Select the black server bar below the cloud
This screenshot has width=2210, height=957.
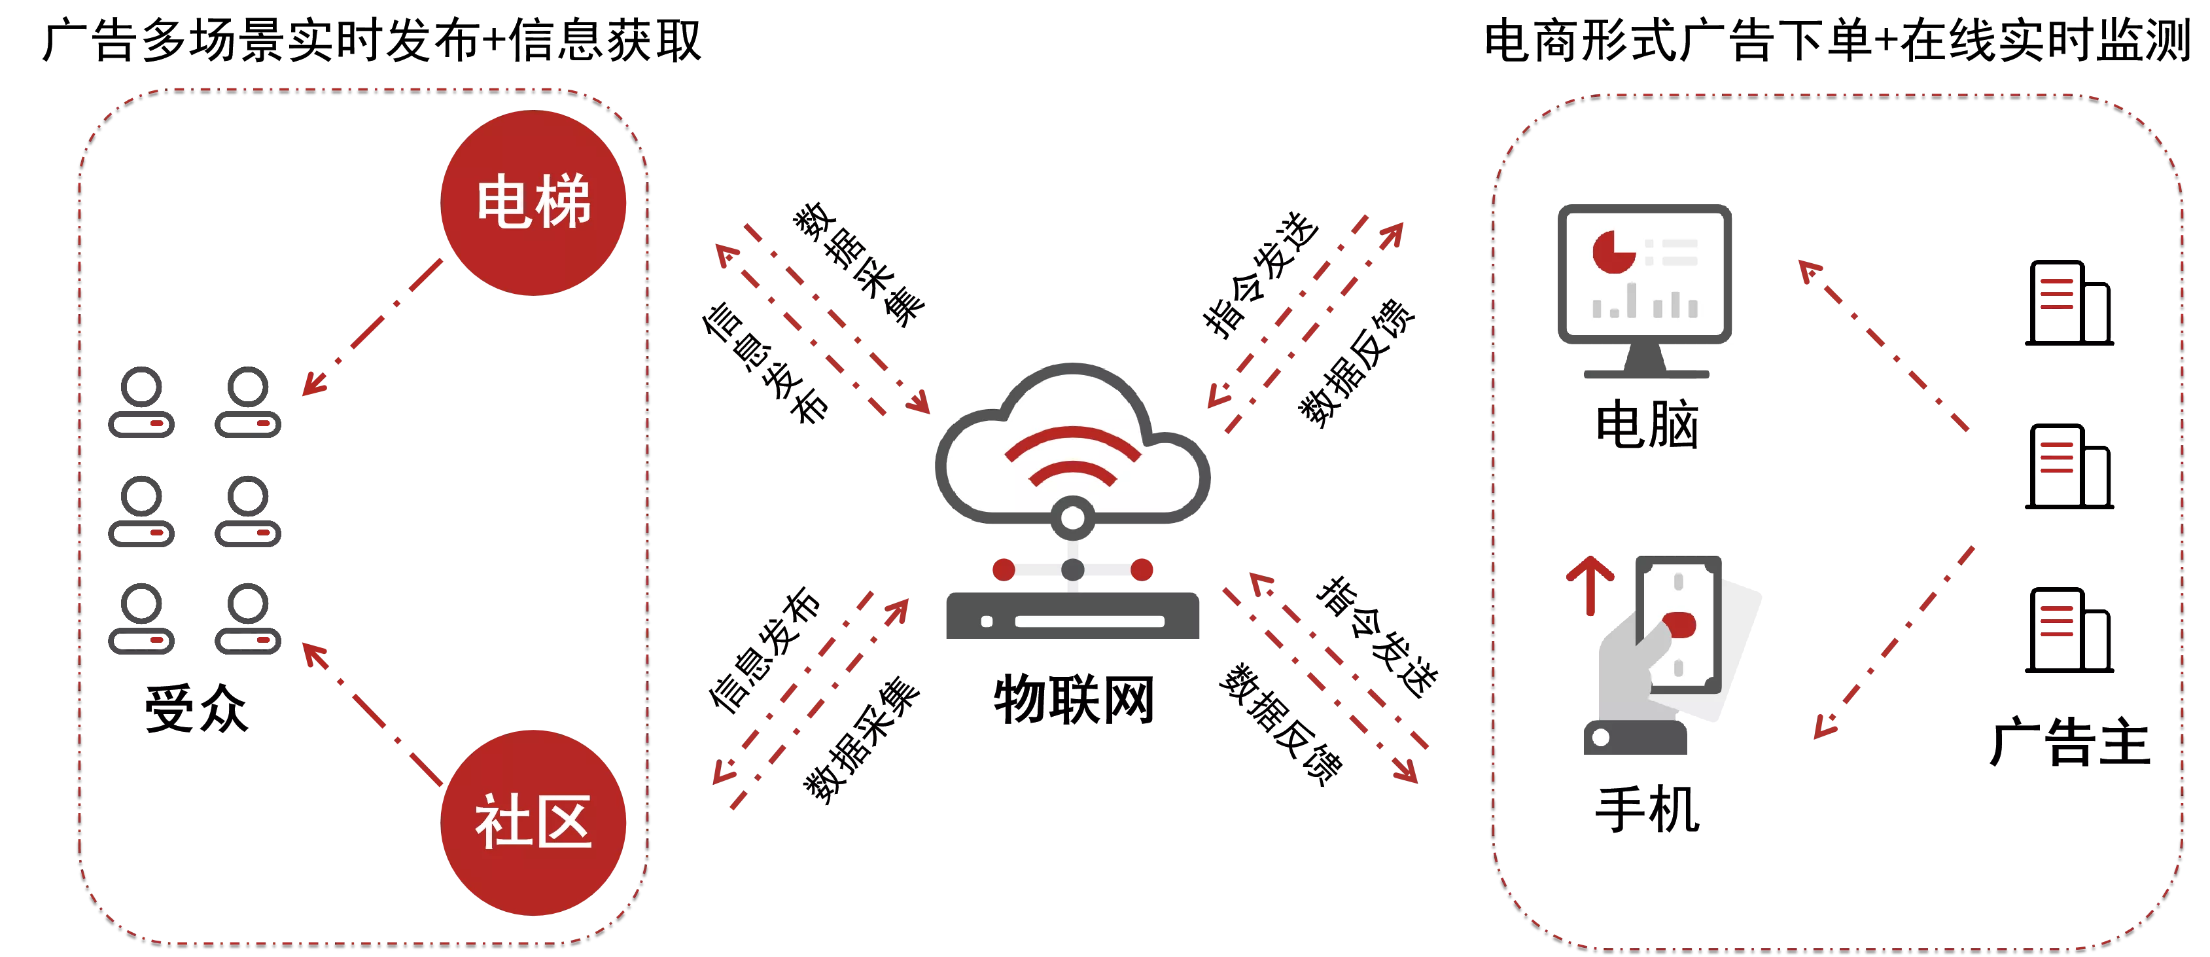tap(1072, 616)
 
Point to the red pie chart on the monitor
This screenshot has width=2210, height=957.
tap(1613, 251)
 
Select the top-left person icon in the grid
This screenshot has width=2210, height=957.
tap(141, 402)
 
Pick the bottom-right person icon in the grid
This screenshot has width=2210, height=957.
tap(249, 618)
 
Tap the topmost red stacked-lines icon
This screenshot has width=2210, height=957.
tap(2056, 293)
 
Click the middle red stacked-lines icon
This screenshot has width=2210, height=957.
tap(2056, 458)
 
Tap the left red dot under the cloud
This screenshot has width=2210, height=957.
tap(1003, 568)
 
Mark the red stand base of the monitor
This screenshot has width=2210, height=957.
tap(1645, 373)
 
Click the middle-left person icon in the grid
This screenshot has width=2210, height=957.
tap(141, 511)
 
